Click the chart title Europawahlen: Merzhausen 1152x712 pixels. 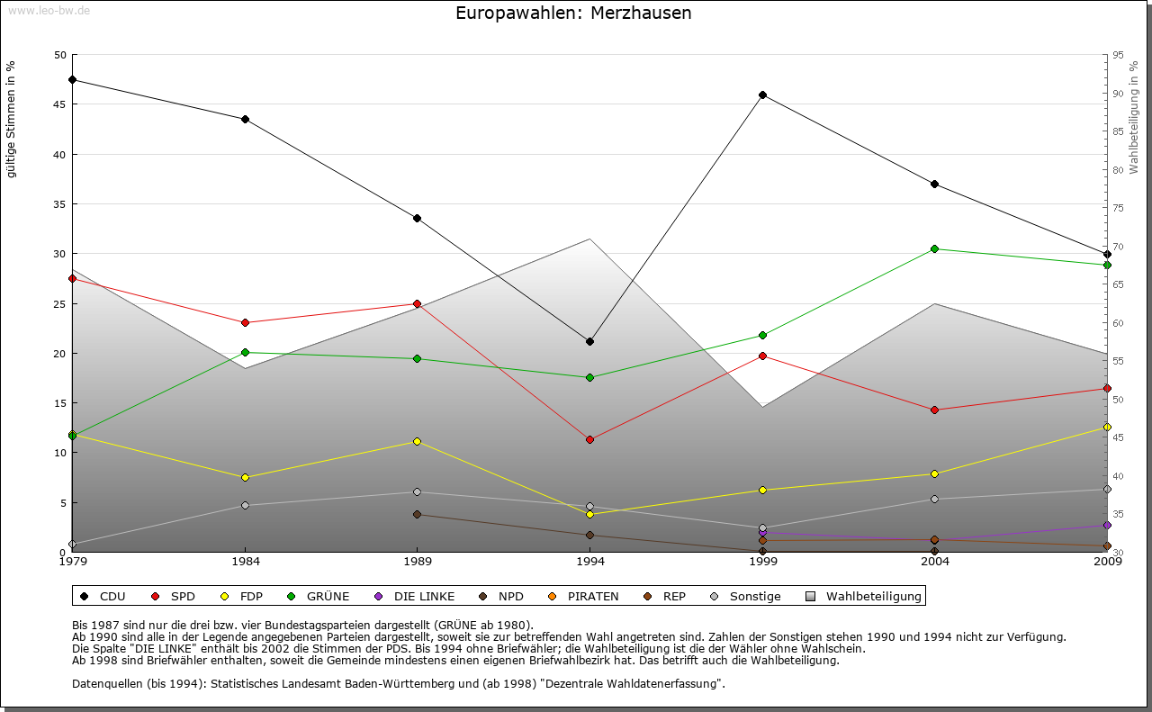[573, 13]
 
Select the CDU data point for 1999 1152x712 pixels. [762, 95]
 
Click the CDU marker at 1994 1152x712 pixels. [589, 341]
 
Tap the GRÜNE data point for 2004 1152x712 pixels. [935, 248]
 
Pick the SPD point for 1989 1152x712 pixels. [417, 303]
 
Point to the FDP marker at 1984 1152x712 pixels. [245, 477]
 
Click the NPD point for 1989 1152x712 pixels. [417, 514]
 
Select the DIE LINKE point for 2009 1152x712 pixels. [1107, 525]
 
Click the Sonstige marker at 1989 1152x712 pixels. [417, 491]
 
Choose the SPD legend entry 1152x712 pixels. [175, 596]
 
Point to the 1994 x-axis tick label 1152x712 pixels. [590, 562]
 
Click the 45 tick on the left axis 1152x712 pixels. [60, 104]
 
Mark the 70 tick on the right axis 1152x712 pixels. [1118, 247]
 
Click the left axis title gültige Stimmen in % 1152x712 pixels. [11, 119]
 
